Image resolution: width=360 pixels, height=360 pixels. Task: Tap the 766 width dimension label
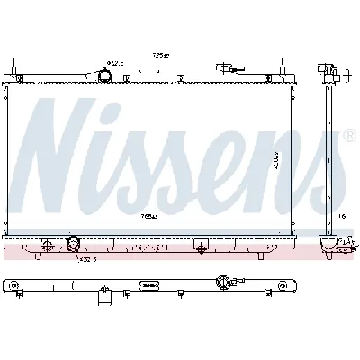pos(149,216)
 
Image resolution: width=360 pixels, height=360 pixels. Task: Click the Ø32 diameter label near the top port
pos(115,62)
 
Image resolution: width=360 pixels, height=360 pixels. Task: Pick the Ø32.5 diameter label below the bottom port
pos(86,259)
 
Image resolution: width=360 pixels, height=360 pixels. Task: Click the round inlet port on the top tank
pos(105,76)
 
